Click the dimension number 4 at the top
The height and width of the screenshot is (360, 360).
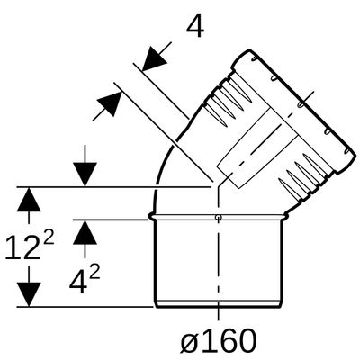tap(195, 28)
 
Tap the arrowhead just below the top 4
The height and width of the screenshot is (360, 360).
tap(154, 58)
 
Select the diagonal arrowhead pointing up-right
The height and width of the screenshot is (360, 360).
tap(110, 103)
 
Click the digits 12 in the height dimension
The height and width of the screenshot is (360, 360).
tap(22, 247)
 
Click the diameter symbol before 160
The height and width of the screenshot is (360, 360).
tap(189, 341)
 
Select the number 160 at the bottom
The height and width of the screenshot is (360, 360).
tap(229, 340)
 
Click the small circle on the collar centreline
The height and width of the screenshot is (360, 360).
tap(219, 217)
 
